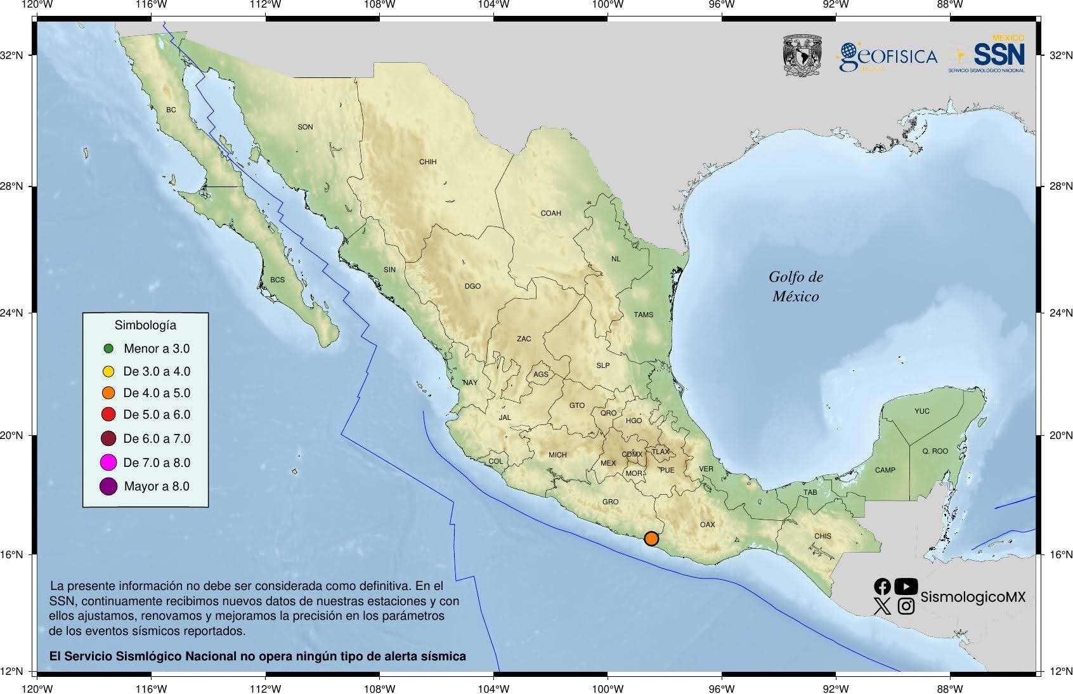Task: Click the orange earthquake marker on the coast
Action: coord(651,539)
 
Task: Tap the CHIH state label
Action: coord(428,162)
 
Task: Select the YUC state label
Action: coord(922,411)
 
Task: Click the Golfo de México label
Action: coord(796,286)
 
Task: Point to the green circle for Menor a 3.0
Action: coord(108,348)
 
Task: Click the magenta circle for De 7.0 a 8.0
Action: coord(108,462)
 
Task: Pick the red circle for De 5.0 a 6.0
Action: coord(108,414)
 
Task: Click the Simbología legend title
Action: coord(145,325)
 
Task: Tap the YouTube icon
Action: coord(906,586)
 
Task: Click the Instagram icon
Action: coord(906,606)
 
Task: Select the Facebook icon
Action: coord(882,586)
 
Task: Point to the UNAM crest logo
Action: coord(802,56)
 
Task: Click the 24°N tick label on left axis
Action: coord(11,313)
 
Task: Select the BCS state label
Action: coord(277,280)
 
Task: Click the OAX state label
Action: coord(707,525)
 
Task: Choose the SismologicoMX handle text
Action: coord(972,597)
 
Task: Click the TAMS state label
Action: coord(644,315)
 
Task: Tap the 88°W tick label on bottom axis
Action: coord(949,688)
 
